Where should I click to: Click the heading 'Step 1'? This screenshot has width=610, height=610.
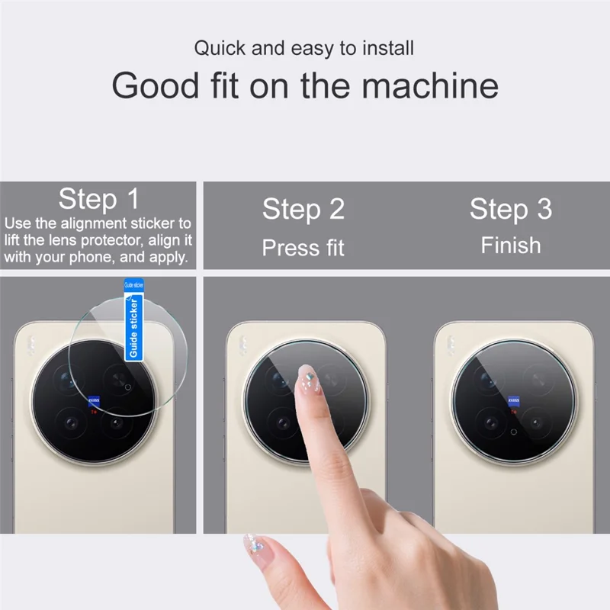tap(99, 199)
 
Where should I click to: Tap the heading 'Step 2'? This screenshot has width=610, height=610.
tap(303, 209)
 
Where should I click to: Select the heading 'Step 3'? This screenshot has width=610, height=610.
tap(510, 208)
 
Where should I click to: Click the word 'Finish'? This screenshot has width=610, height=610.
tap(510, 246)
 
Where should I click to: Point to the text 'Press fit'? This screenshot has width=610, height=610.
tap(303, 248)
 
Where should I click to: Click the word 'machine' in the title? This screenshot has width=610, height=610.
tap(430, 85)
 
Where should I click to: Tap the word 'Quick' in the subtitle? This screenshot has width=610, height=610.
tap(217, 49)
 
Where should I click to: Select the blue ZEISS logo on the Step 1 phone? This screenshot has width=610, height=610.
tap(95, 398)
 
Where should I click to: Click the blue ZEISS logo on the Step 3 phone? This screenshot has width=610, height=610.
tap(513, 399)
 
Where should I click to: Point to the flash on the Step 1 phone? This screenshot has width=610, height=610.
tap(31, 345)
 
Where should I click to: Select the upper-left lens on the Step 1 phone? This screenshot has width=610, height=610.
tap(65, 377)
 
